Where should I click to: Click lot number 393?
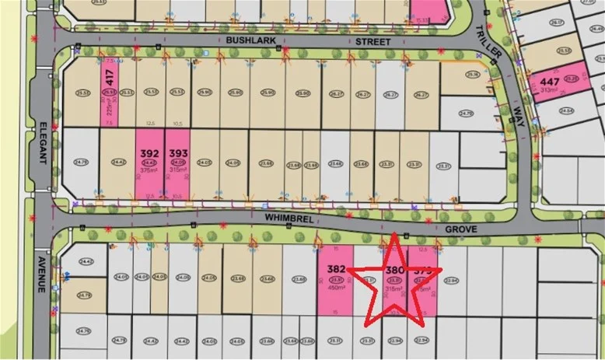click(x=178, y=153)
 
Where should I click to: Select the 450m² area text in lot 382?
click(x=336, y=288)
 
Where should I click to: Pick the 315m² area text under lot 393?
click(x=178, y=171)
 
